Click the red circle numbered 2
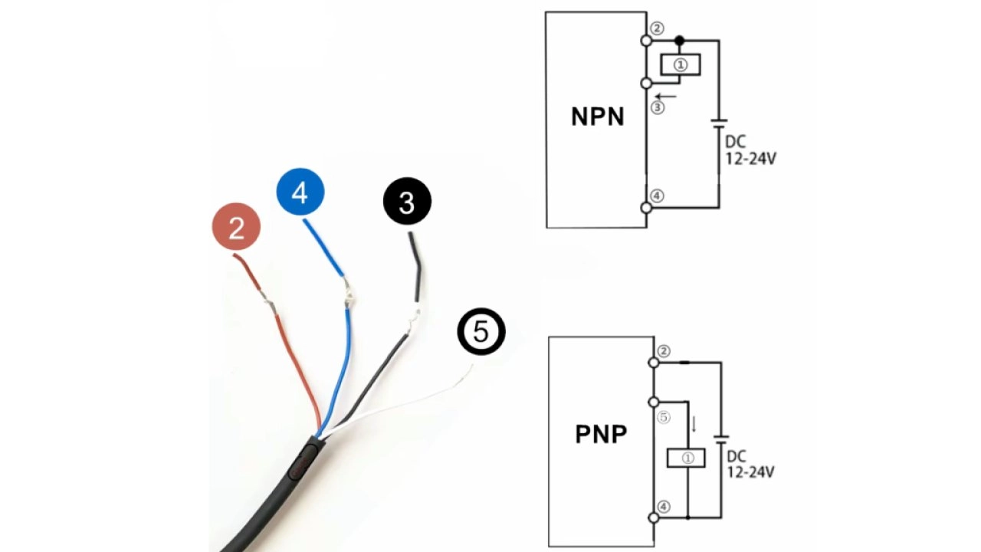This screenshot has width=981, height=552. (x=236, y=228)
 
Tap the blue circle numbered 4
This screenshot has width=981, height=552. (x=300, y=192)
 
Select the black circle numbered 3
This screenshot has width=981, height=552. (x=407, y=202)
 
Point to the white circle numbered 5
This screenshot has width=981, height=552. (x=481, y=332)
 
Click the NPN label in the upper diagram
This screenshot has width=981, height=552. (x=598, y=117)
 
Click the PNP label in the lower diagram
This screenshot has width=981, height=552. (x=601, y=435)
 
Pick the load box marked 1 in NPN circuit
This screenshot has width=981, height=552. (x=681, y=65)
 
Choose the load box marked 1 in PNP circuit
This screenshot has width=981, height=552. (x=687, y=458)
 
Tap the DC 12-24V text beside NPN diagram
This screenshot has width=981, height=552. (x=750, y=151)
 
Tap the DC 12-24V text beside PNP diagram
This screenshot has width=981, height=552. (x=750, y=464)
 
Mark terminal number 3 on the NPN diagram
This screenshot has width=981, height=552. (x=657, y=108)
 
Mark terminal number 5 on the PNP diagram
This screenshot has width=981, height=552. (x=664, y=418)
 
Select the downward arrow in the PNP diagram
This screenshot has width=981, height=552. (x=694, y=424)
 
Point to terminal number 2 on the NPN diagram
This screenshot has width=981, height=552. (x=657, y=28)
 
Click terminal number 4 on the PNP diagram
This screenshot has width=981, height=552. (x=664, y=507)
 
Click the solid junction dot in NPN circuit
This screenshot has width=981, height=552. (x=679, y=40)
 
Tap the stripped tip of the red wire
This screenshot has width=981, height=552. (x=271, y=305)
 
